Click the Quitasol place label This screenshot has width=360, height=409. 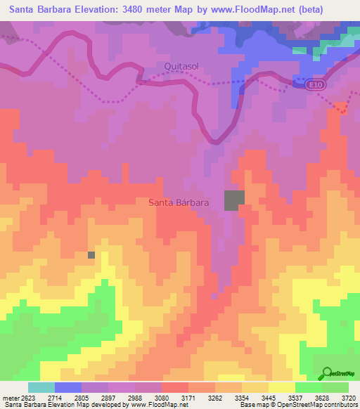point(182,66)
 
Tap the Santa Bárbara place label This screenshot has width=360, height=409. point(179,202)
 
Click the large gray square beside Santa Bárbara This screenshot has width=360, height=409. point(234,200)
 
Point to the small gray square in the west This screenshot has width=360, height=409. point(91,254)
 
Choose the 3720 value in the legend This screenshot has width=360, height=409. point(349,397)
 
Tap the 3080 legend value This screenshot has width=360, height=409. point(161,397)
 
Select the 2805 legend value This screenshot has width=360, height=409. point(81,397)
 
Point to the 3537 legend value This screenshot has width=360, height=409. point(295,397)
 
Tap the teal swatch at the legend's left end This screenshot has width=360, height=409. point(41,387)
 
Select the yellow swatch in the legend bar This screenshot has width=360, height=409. point(281,387)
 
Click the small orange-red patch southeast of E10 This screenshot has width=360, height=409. point(342,108)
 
